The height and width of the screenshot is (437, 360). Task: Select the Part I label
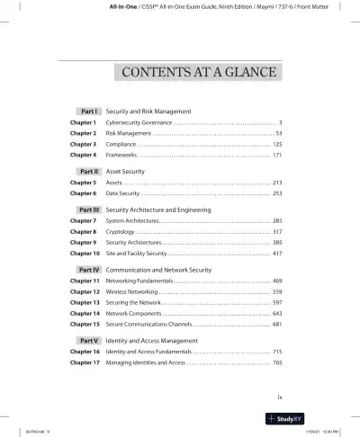point(89,111)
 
